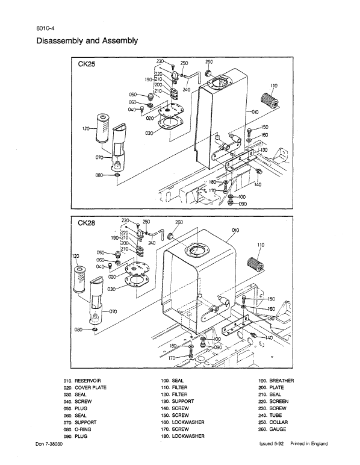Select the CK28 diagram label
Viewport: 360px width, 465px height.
tap(88, 222)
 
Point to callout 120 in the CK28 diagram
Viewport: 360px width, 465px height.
tap(76, 256)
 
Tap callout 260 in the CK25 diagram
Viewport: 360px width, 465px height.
tap(209, 62)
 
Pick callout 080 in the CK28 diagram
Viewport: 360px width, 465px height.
tap(78, 330)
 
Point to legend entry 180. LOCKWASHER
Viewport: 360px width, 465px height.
tap(184, 435)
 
